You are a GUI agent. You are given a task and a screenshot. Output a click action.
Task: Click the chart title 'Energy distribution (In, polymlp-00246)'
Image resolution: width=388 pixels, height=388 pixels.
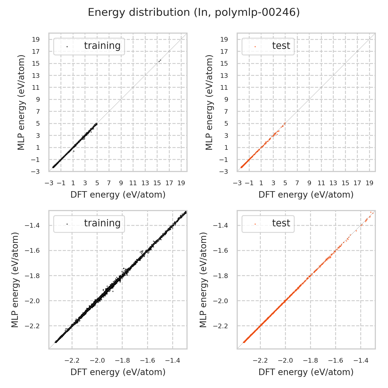click(x=194, y=12)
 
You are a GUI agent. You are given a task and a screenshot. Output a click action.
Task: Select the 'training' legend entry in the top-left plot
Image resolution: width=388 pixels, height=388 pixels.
click(x=102, y=46)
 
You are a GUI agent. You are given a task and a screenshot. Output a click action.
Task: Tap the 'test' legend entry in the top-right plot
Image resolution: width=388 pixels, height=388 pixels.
click(x=281, y=46)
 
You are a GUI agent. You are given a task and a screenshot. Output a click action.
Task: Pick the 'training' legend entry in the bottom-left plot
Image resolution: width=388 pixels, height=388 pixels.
click(x=102, y=223)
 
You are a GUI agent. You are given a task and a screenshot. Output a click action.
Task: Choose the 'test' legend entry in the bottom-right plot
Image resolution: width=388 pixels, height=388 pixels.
click(x=281, y=223)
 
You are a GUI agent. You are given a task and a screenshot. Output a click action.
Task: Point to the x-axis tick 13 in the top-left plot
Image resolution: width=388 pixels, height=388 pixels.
click(x=145, y=183)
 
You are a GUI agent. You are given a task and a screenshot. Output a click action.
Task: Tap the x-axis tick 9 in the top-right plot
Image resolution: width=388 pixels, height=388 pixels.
click(x=309, y=183)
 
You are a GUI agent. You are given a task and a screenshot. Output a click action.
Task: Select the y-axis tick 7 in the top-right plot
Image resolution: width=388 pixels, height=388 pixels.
click(x=224, y=111)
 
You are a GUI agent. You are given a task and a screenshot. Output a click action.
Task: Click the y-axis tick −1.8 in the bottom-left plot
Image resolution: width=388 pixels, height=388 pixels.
click(x=32, y=276)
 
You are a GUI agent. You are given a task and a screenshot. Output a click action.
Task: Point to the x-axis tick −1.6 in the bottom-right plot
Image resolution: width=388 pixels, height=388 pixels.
click(x=335, y=361)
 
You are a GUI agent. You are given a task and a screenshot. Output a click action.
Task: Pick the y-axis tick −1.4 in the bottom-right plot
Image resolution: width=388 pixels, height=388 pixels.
click(x=220, y=225)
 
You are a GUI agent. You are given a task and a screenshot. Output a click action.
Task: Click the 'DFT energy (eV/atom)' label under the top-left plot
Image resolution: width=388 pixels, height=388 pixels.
click(x=118, y=195)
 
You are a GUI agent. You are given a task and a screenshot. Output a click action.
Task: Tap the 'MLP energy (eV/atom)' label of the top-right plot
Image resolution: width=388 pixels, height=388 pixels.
click(x=209, y=102)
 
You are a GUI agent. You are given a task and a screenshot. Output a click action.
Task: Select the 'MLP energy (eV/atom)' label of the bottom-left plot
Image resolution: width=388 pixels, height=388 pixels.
click(x=16, y=280)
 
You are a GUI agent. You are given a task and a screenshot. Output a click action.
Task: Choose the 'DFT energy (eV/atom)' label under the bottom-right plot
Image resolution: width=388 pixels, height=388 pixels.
click(x=306, y=372)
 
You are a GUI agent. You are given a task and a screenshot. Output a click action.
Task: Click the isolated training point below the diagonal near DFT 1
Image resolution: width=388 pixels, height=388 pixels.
click(x=74, y=151)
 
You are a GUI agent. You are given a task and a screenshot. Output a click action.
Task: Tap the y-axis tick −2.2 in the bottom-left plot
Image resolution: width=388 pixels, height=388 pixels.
click(x=32, y=326)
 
